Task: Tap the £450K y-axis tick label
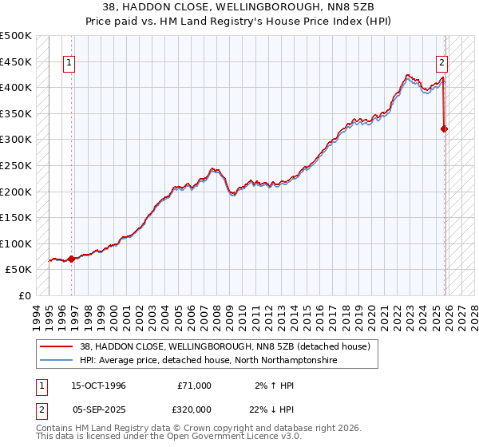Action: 16,61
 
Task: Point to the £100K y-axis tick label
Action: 16,243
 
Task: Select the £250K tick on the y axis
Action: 16,165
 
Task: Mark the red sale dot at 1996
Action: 71,259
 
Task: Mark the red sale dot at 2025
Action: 445,129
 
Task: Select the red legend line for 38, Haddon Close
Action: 57,347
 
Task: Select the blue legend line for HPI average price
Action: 57,361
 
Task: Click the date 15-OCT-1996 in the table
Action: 98,386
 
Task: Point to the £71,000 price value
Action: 195,386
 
